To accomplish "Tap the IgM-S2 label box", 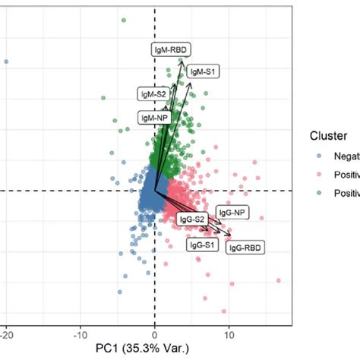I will click(153, 94).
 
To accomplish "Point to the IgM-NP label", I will click(153, 117).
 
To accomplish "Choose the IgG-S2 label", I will click(193, 219).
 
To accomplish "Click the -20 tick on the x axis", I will click(7, 333).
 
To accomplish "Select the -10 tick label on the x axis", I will click(81, 333).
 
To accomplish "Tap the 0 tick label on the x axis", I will click(155, 333).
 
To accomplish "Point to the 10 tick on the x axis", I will click(229, 333).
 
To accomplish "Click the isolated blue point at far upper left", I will click(7, 62).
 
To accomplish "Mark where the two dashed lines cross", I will click(155, 190).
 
